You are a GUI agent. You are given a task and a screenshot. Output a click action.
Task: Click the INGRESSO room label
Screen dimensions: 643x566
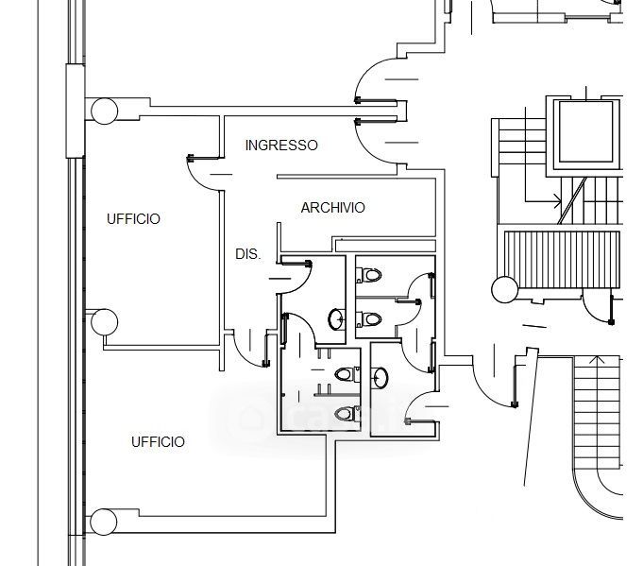[281, 145]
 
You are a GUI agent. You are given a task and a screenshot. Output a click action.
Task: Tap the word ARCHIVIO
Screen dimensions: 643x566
[332, 208]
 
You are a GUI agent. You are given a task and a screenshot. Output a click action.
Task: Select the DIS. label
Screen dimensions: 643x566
[248, 254]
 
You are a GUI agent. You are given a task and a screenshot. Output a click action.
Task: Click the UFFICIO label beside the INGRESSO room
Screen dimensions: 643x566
[133, 219]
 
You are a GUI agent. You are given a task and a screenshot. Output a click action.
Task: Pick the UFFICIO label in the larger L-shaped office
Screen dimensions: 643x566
[158, 441]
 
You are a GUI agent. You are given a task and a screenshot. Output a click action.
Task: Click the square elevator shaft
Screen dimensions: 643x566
[585, 132]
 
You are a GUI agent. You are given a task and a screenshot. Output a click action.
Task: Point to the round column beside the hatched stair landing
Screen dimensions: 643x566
[504, 289]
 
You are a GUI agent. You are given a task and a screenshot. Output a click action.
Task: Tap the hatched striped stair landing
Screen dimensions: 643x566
[562, 260]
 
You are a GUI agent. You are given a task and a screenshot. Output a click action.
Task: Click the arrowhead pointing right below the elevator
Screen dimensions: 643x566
[558, 201]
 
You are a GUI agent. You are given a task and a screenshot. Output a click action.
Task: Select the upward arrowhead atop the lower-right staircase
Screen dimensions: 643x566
[597, 360]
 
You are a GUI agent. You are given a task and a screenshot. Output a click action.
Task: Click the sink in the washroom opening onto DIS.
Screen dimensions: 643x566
[336, 319]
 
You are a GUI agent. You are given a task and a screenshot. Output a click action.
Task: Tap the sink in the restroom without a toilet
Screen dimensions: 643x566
[380, 378]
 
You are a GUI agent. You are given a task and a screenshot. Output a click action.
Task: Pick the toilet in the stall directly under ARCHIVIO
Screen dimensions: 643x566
[369, 275]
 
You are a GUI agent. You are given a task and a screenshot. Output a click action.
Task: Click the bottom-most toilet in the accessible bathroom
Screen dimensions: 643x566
[347, 414]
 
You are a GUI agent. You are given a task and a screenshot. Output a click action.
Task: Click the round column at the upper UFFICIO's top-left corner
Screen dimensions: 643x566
[104, 111]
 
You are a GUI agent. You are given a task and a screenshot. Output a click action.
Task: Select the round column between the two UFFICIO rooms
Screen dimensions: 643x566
[104, 322]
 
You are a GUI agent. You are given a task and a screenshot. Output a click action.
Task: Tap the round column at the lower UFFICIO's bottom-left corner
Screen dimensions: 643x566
[103, 522]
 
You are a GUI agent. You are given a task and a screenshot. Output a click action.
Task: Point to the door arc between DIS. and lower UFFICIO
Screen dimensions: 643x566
[245, 353]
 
